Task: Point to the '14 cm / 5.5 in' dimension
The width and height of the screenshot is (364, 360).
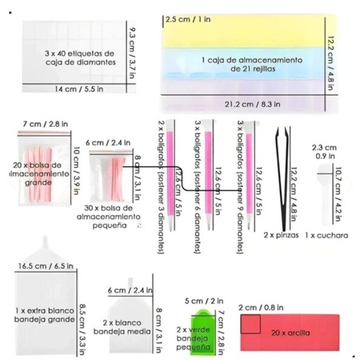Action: [75, 89]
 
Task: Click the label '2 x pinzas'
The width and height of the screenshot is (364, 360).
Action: [281, 234]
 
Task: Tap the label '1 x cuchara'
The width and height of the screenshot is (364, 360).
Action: [327, 234]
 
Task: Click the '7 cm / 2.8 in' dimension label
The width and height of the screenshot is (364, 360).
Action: [45, 124]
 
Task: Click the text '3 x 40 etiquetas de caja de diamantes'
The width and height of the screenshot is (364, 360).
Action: [79, 58]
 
